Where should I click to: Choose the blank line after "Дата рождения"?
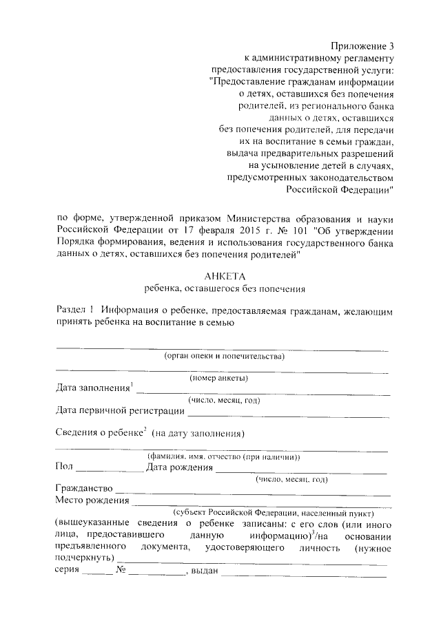tap(302, 471)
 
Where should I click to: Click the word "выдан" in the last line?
tap(204, 571)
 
